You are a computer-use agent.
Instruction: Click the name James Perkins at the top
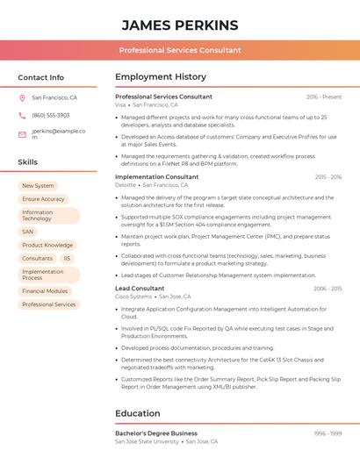tap(180, 25)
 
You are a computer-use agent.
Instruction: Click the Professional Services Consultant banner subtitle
tap(180, 50)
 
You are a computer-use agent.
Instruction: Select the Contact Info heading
tap(41, 77)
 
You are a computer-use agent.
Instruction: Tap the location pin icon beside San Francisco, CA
tap(22, 97)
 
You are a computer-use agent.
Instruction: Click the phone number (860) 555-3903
tap(51, 115)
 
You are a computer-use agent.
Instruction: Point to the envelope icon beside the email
tap(22, 133)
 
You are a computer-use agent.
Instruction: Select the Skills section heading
tap(28, 162)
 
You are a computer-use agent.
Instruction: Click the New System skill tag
tap(38, 186)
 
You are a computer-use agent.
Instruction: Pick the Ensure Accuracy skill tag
tap(43, 199)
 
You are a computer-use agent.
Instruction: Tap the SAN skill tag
tap(28, 232)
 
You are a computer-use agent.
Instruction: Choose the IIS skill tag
tap(67, 258)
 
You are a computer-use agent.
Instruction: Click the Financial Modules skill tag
tap(45, 291)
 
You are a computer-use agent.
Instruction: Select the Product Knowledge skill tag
tap(47, 245)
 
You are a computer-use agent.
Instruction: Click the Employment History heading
tap(161, 77)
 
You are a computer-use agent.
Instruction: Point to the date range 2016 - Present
tap(324, 97)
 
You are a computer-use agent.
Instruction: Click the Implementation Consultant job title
tap(157, 176)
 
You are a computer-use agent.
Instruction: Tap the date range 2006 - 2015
tap(328, 288)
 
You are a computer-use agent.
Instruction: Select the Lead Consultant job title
tap(140, 288)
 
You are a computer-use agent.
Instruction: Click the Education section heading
tap(138, 413)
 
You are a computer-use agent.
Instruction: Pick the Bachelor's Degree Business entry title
tap(156, 433)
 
